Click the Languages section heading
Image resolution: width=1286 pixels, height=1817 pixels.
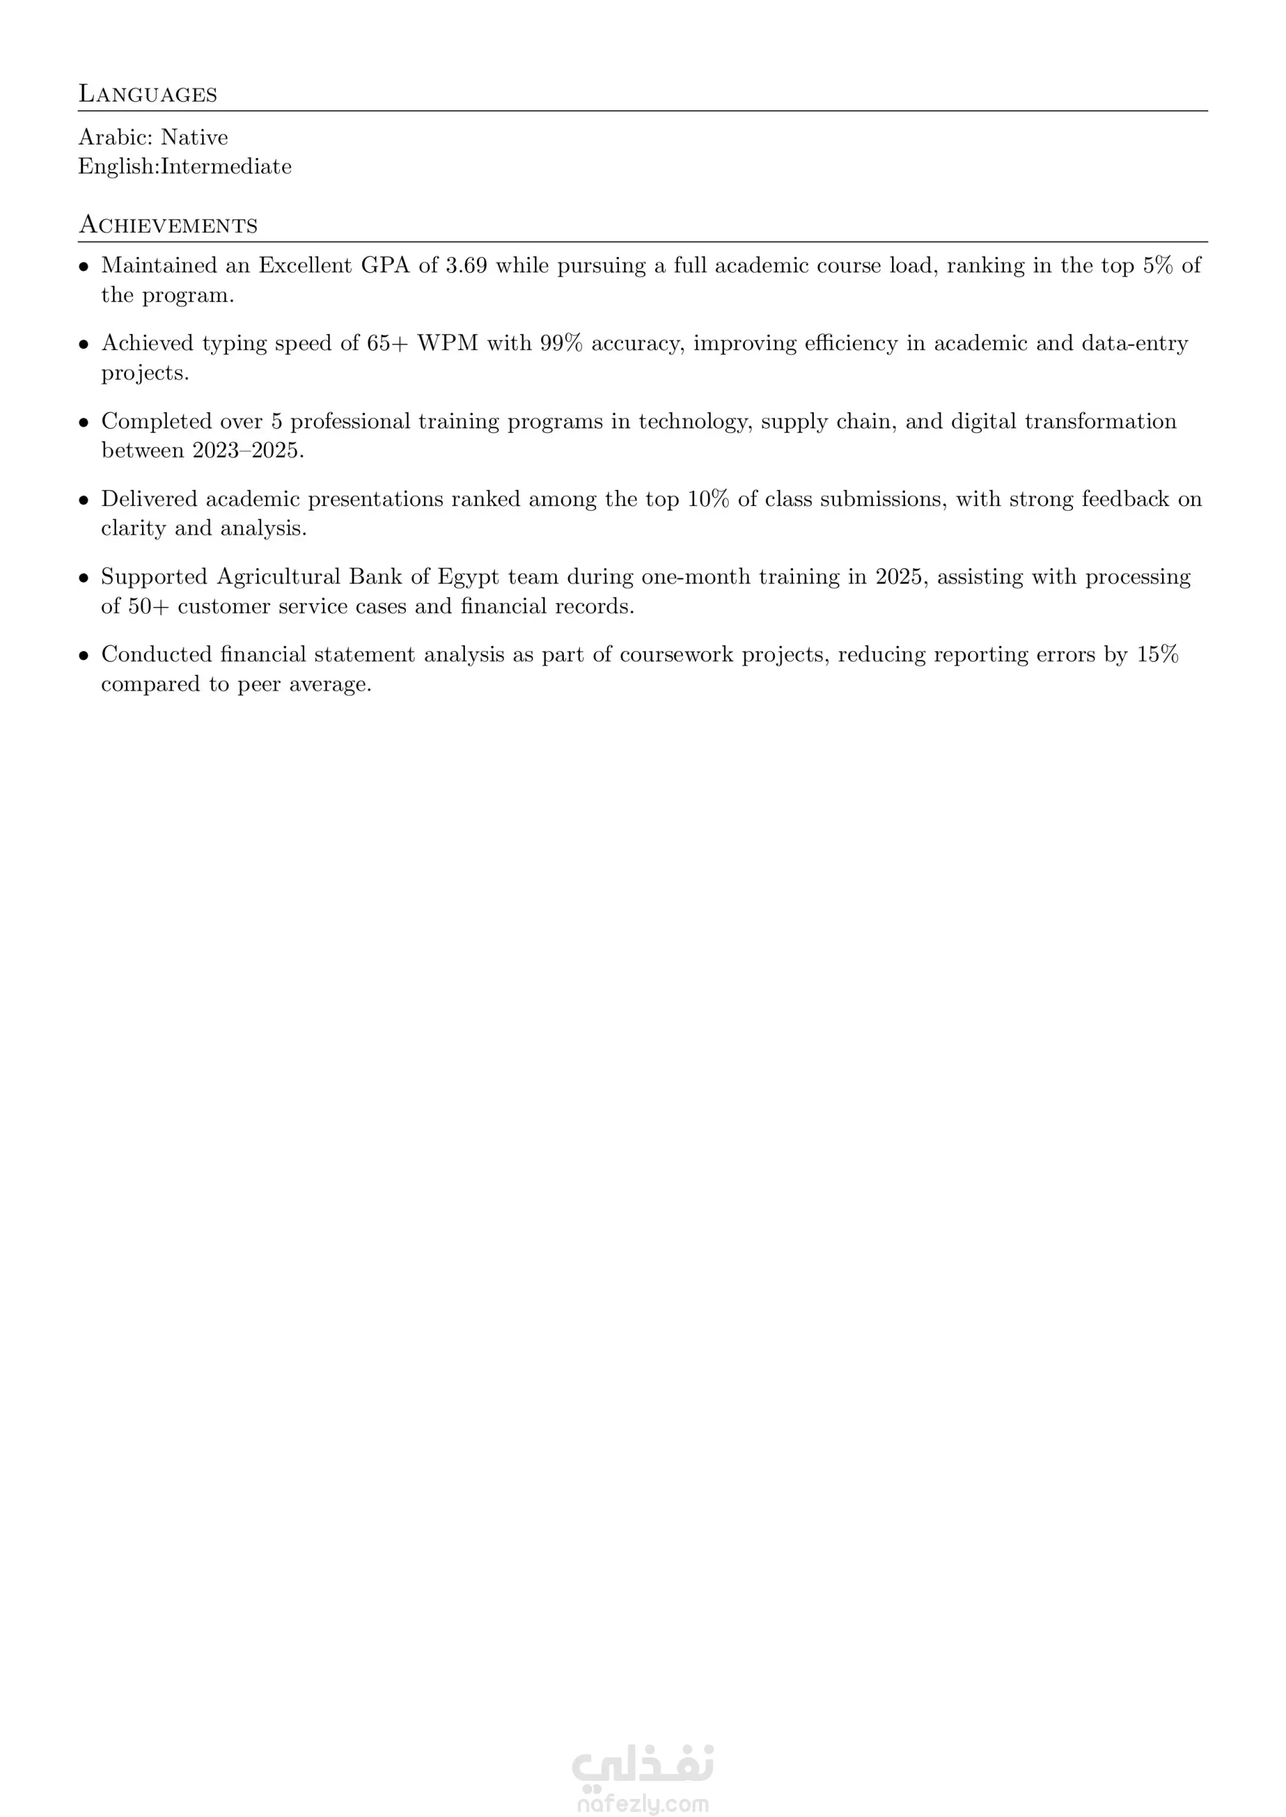147,94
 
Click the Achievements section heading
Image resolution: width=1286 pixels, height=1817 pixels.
168,226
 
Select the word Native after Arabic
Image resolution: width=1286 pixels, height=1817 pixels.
194,138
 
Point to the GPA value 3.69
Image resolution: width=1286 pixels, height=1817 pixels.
466,266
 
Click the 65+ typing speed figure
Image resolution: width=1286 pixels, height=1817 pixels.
386,343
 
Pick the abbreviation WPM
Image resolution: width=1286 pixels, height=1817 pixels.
447,343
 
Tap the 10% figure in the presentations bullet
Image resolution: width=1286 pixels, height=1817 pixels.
708,499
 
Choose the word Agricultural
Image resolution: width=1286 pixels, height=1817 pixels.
278,577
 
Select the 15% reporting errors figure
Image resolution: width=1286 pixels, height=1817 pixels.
1157,655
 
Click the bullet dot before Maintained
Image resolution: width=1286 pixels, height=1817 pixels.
83,266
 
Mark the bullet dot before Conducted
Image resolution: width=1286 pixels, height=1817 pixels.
83,656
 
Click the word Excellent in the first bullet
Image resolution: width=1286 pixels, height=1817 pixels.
305,266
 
